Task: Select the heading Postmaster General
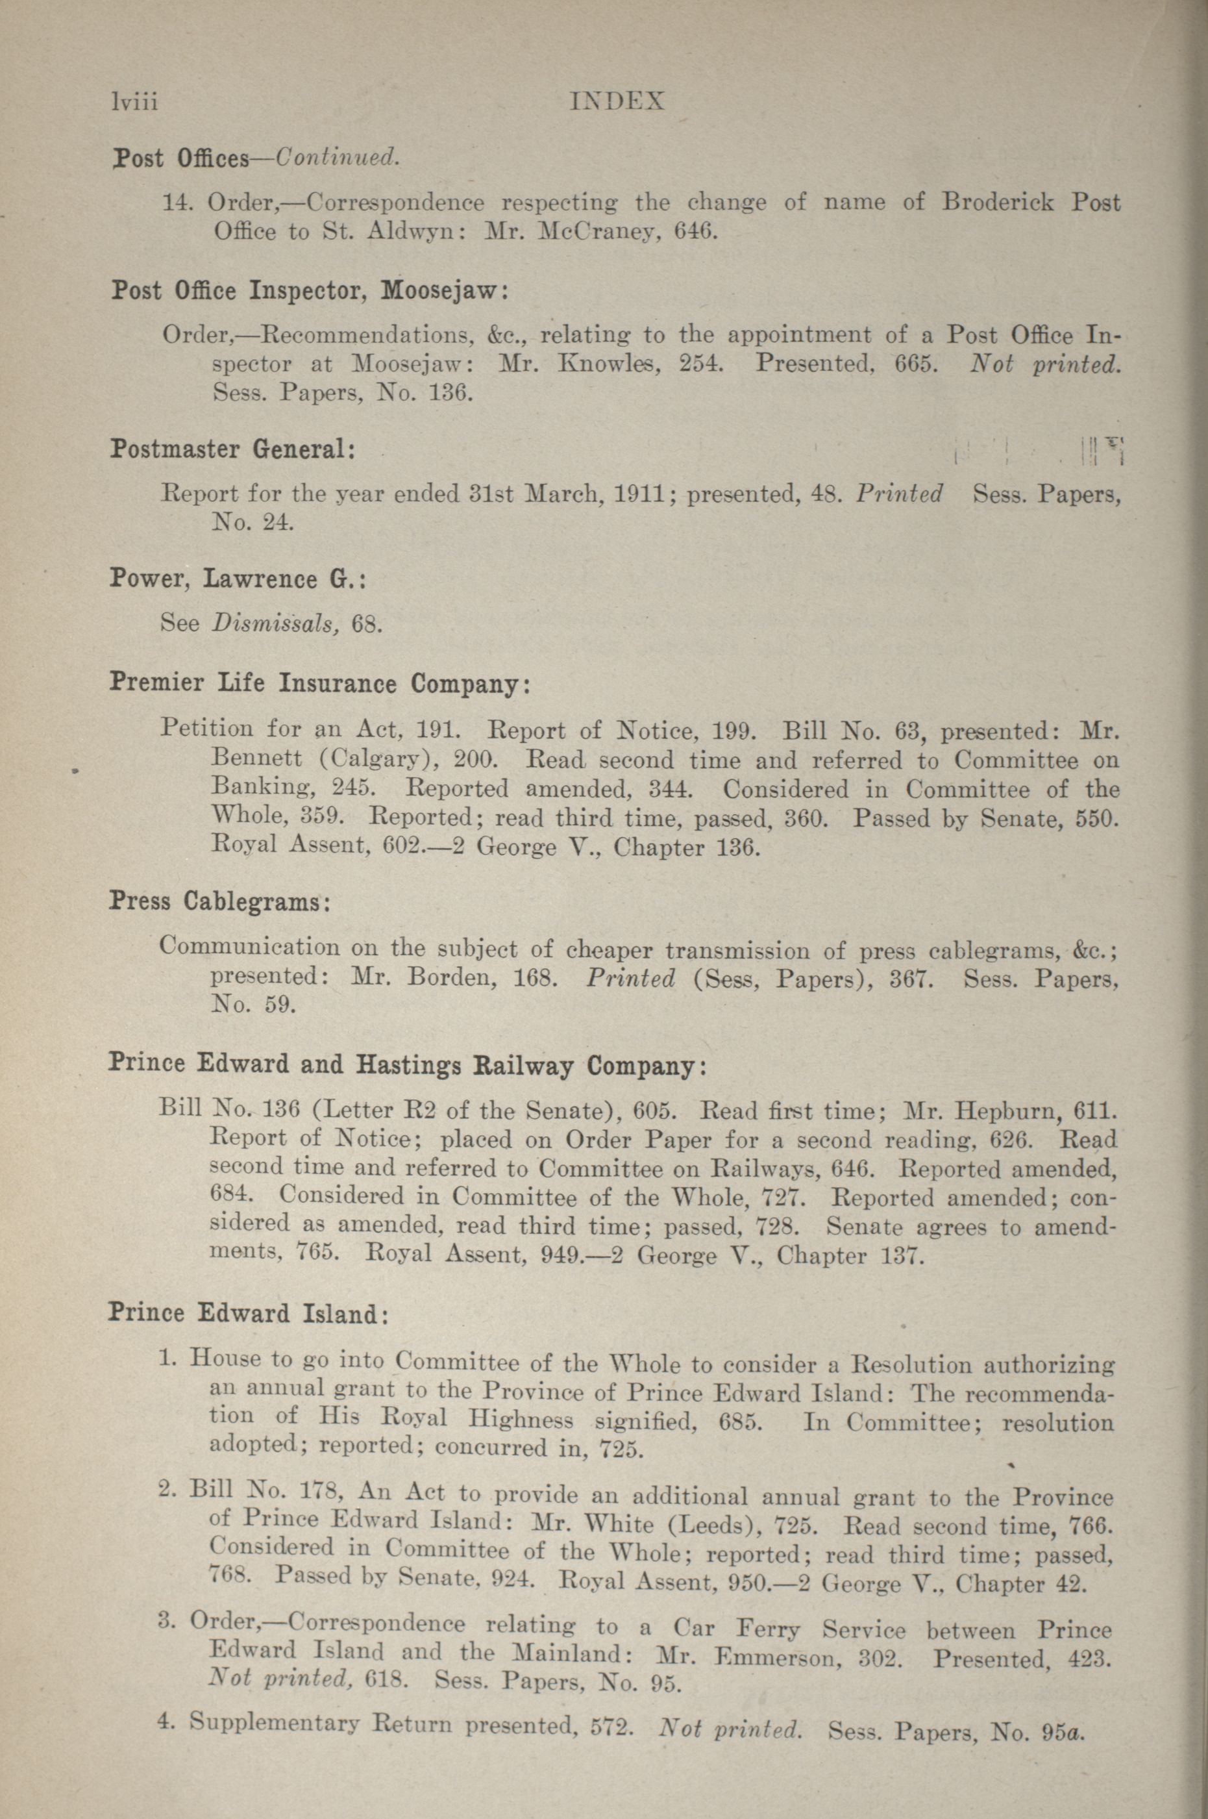(232, 449)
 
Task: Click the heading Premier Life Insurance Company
(320, 683)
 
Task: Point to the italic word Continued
(338, 157)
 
